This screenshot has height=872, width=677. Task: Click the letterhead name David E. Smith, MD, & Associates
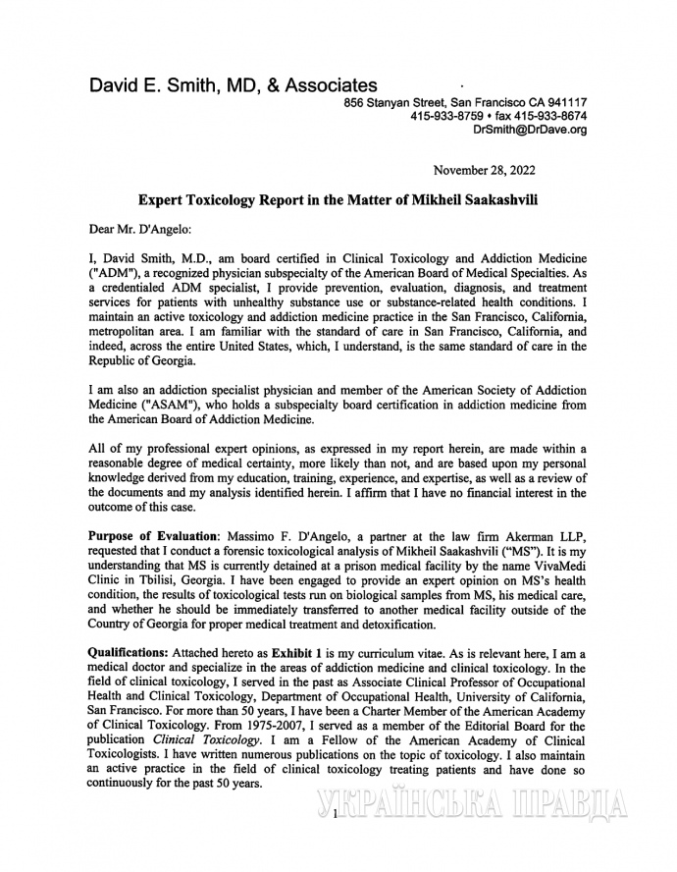[233, 86]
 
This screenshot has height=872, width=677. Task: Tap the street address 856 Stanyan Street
[393, 102]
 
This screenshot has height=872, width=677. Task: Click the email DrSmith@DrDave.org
[530, 130]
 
